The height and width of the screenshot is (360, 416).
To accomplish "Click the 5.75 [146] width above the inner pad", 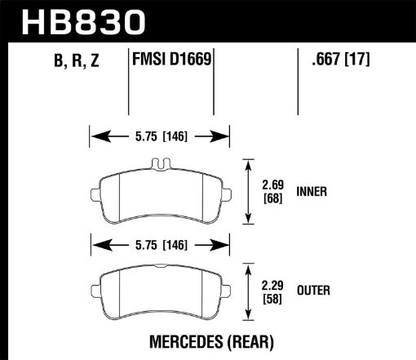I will (x=160, y=136).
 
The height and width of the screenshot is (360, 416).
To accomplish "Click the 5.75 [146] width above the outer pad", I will (x=160, y=242).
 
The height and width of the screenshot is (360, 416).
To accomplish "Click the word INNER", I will (x=313, y=193).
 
